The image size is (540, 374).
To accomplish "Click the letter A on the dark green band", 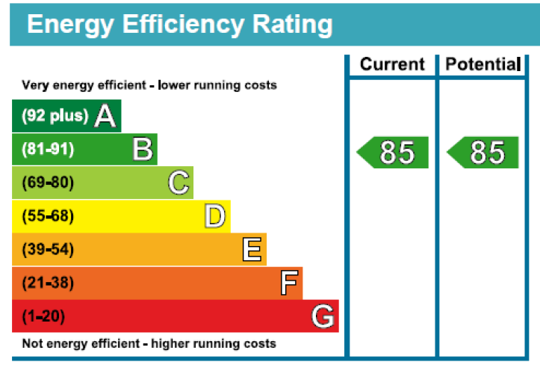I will click(105, 116).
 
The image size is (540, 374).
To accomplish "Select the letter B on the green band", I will click(143, 150).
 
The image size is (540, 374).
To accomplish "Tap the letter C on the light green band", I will click(179, 183).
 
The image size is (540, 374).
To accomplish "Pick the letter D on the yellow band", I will click(215, 217).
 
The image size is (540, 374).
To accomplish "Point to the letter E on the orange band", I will click(252, 250).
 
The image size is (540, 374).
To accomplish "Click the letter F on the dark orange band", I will click(289, 283).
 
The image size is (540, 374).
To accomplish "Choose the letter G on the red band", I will click(323, 317).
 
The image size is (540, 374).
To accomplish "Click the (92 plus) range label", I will click(55, 116).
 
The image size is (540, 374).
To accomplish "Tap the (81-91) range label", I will click(48, 150).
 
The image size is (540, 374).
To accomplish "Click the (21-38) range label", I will click(48, 283).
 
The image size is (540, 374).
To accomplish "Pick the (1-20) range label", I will click(43, 317).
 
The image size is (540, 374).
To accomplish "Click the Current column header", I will click(392, 65).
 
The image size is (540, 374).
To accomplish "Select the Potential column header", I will click(482, 65).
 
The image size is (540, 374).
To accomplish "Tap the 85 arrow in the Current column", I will click(394, 153).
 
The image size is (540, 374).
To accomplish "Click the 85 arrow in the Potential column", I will click(484, 153).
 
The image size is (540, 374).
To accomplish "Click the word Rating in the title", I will click(287, 25).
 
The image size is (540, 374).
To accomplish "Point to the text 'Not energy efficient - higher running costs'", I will click(149, 344).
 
